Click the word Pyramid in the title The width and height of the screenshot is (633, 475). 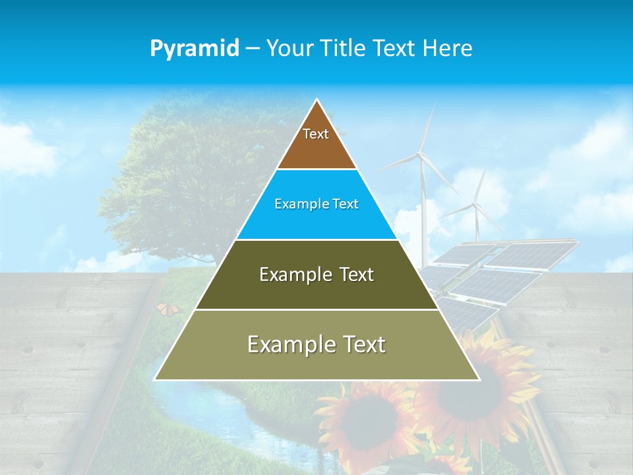(x=195, y=49)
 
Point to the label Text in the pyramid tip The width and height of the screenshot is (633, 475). (x=316, y=134)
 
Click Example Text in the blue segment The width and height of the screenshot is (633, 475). (x=316, y=204)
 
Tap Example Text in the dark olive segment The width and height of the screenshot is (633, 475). (x=316, y=274)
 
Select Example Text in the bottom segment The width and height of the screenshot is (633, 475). (x=316, y=344)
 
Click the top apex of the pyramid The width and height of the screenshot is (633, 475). (x=317, y=100)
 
